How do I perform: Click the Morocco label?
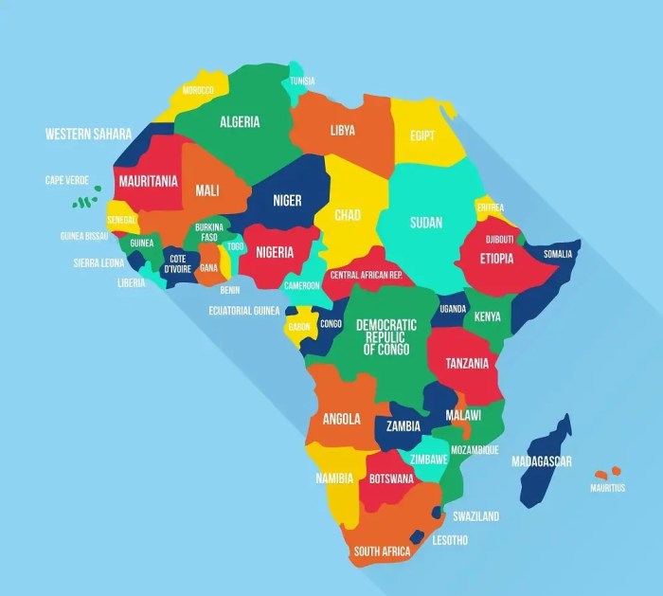tap(198, 90)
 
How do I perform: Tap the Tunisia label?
tap(302, 81)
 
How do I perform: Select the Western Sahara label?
tap(88, 135)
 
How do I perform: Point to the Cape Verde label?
tap(66, 180)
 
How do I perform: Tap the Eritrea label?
tap(490, 208)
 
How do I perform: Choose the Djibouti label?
tap(500, 240)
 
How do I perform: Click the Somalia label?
tap(558, 254)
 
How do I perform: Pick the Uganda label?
tap(454, 309)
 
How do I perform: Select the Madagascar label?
tap(542, 461)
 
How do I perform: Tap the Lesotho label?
tap(450, 540)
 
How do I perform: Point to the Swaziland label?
tap(475, 516)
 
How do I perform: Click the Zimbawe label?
tap(429, 459)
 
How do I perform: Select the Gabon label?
tap(299, 327)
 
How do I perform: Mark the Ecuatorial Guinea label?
tap(244, 310)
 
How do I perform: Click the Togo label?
tap(236, 246)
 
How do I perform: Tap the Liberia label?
tap(132, 282)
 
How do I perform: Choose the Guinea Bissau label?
tap(84, 236)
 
